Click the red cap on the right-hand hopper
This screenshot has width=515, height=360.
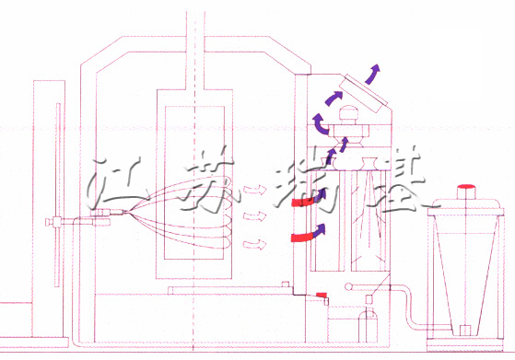468,190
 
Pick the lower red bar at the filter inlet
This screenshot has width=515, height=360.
301,238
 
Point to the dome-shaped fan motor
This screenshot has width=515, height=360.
350,115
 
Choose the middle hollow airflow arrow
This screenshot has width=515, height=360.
254,216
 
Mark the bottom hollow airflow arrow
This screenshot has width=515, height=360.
254,244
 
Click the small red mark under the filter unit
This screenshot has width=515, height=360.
322,295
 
